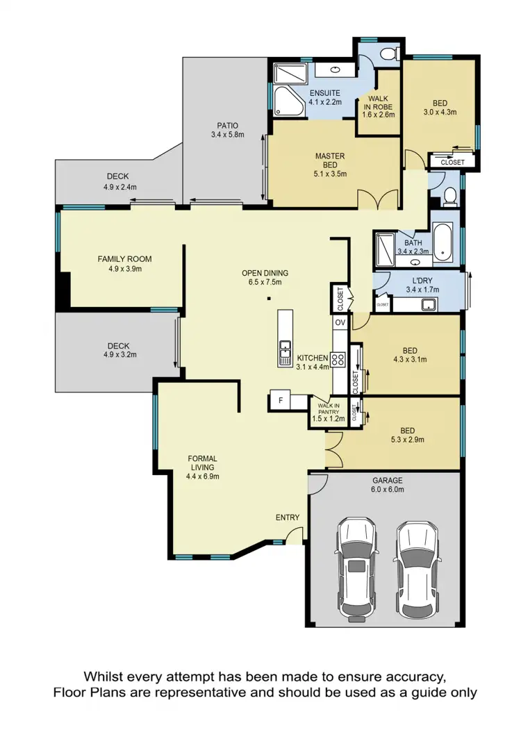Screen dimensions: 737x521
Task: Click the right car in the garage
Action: [416, 564]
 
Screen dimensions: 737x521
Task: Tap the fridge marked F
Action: [280, 401]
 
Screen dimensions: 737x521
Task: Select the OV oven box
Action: [340, 322]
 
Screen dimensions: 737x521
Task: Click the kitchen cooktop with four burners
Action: [339, 359]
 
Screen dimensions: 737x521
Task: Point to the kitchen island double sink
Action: [285, 352]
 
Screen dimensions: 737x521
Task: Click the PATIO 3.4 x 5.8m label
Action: [228, 130]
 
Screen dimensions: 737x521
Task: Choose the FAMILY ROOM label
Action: [124, 264]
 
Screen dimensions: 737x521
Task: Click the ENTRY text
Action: [288, 517]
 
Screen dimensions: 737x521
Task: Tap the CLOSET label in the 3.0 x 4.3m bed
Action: [453, 162]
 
